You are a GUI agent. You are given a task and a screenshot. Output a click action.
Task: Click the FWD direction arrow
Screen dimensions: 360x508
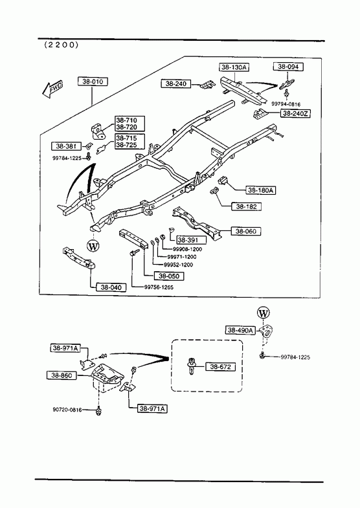click(52, 89)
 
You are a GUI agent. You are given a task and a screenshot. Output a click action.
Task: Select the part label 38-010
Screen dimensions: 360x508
click(93, 82)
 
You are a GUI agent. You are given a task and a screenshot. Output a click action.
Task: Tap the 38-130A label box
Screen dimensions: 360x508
click(234, 67)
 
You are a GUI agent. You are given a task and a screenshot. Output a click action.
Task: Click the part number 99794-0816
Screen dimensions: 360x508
click(286, 104)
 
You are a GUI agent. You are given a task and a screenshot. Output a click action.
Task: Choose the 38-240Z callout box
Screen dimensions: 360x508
click(295, 113)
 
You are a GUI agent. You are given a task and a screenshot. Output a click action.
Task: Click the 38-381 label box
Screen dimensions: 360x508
click(66, 146)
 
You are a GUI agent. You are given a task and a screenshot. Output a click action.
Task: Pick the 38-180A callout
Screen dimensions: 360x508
click(261, 190)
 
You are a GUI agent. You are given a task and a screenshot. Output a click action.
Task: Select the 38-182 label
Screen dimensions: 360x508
click(246, 206)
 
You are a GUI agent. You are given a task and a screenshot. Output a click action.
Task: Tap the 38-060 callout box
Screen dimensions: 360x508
click(246, 231)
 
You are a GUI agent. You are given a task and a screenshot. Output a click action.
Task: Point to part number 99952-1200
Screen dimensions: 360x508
click(178, 265)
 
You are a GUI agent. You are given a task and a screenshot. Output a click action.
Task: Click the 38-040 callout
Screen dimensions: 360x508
click(111, 287)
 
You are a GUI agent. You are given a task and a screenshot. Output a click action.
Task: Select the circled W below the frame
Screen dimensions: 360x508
click(93, 247)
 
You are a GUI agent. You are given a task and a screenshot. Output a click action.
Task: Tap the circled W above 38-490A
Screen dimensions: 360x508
click(263, 313)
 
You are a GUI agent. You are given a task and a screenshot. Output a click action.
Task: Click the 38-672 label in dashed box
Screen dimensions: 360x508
click(220, 367)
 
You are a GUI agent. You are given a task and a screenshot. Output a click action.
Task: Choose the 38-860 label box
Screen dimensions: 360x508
click(62, 375)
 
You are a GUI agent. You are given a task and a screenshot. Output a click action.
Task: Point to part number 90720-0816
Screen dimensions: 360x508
click(67, 410)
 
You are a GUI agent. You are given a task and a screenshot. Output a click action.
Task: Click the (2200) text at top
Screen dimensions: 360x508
click(62, 45)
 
